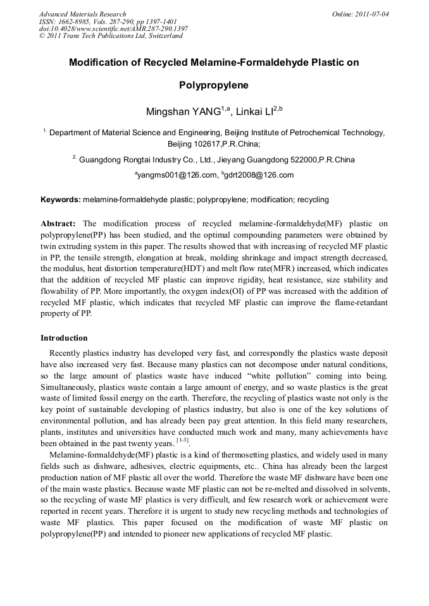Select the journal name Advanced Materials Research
pyautogui.click(x=82, y=14)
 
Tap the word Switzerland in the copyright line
pyautogui.click(x=165, y=36)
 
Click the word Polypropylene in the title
pyautogui.click(x=214, y=85)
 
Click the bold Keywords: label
pyautogui.click(x=61, y=200)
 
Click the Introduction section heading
pyautogui.click(x=64, y=338)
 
